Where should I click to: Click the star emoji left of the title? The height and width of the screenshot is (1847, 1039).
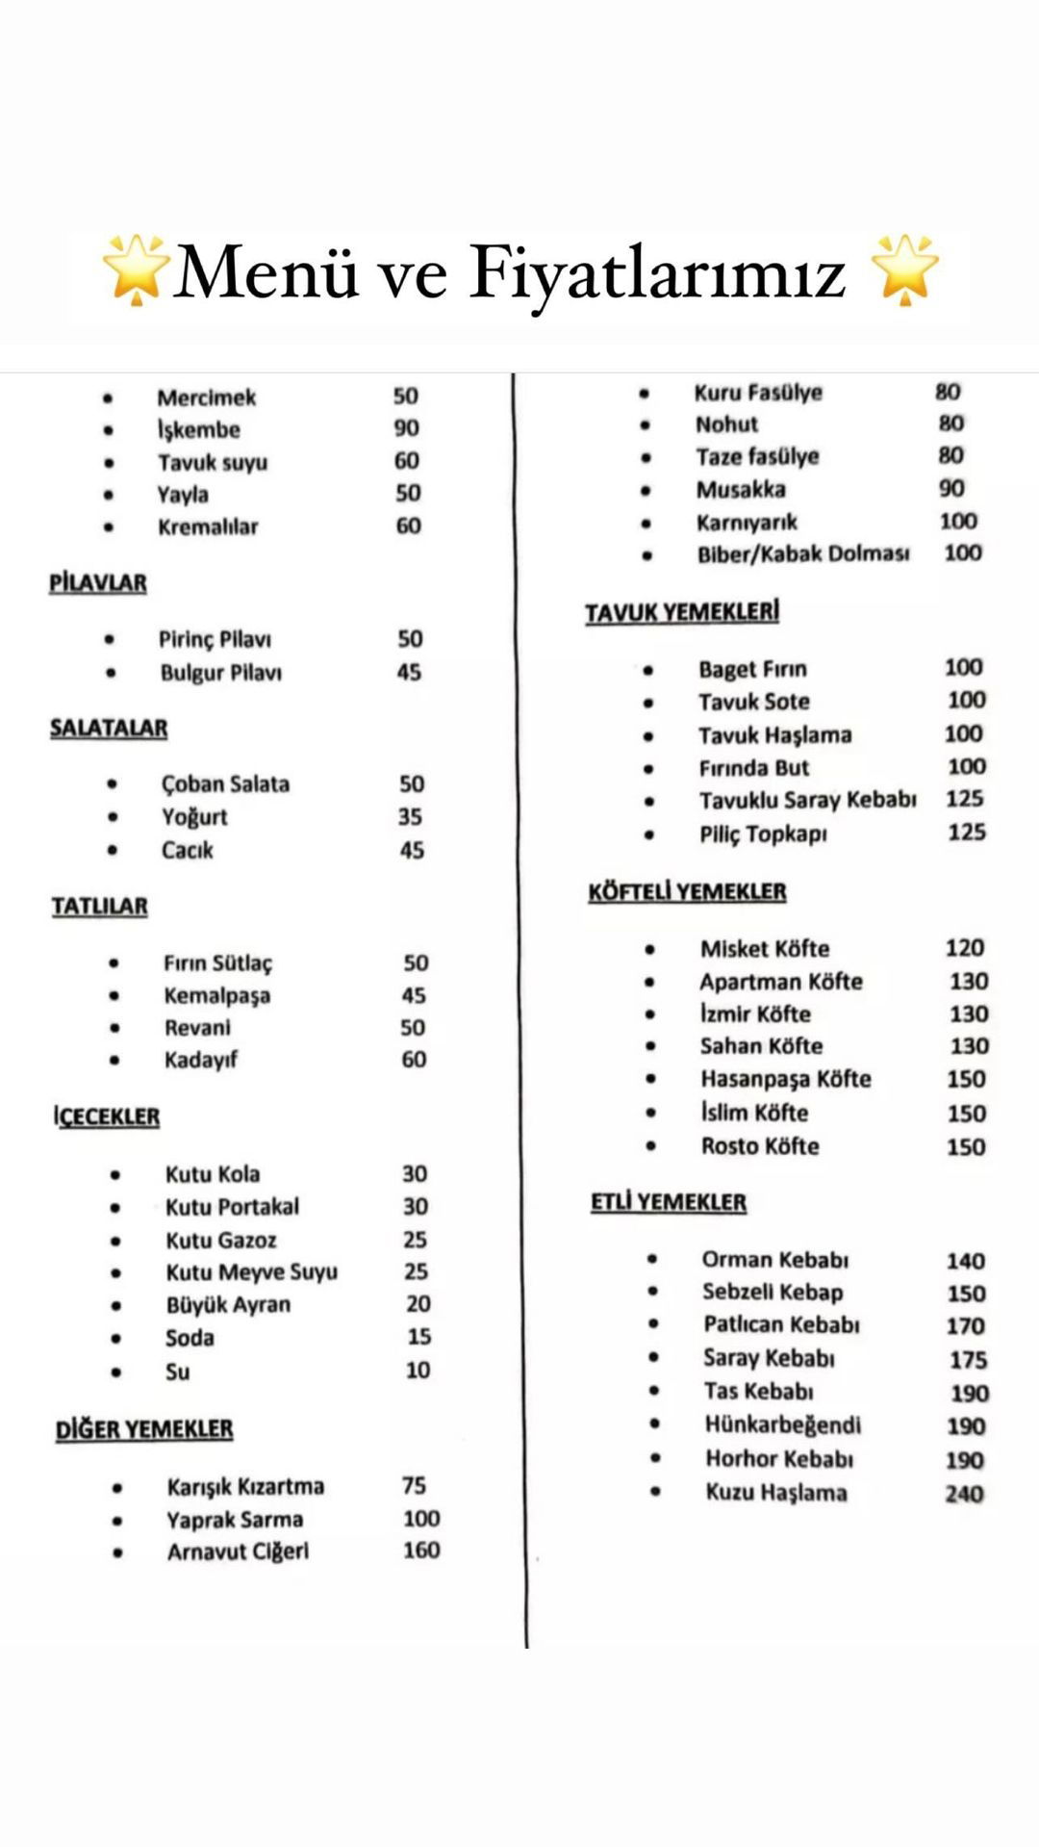[x=136, y=269]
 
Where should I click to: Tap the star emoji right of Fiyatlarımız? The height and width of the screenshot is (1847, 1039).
[x=903, y=269]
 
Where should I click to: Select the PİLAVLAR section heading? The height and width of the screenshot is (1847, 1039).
[x=98, y=583]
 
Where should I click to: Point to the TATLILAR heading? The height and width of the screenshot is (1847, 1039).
[x=100, y=907]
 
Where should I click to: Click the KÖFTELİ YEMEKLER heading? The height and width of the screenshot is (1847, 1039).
[x=687, y=892]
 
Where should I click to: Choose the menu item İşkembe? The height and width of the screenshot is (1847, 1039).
[x=199, y=429]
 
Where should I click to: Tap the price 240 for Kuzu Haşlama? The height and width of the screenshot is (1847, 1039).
[x=964, y=1494]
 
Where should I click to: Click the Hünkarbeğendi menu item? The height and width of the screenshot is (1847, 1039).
[x=782, y=1425]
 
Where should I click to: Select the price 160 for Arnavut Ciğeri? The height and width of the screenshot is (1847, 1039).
[x=421, y=1551]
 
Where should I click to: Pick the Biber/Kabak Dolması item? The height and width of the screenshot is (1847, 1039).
[x=803, y=554]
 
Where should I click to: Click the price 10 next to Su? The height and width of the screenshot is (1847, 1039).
[x=418, y=1371]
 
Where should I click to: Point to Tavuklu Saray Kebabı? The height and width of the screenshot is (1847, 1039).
[x=807, y=801]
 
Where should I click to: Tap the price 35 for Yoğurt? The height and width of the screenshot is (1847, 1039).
[x=410, y=817]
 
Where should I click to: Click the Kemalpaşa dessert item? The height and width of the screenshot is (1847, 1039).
[x=216, y=996]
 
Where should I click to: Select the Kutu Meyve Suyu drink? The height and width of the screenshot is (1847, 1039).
[x=251, y=1272]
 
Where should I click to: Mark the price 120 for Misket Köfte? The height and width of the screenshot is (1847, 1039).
[x=964, y=948]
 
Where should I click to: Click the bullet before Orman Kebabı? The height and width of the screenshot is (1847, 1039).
[x=652, y=1259]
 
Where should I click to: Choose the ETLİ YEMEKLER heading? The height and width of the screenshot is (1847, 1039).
[x=669, y=1203]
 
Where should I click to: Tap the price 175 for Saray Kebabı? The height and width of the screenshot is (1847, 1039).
[x=967, y=1360]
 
